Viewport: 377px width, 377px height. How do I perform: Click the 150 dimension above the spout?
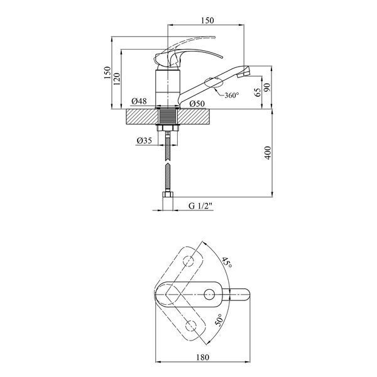tap(207, 21)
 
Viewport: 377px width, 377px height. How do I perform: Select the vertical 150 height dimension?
tap(107, 73)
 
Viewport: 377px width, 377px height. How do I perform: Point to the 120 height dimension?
tap(117, 79)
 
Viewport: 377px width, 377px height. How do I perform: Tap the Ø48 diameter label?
tap(139, 101)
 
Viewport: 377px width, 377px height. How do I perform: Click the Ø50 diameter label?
tap(197, 104)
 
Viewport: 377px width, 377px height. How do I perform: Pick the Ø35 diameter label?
tap(145, 140)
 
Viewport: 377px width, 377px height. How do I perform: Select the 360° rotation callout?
tap(232, 96)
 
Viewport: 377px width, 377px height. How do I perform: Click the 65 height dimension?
tap(258, 92)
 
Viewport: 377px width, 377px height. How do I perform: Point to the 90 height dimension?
tap(268, 87)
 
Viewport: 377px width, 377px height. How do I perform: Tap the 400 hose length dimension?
tap(268, 153)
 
